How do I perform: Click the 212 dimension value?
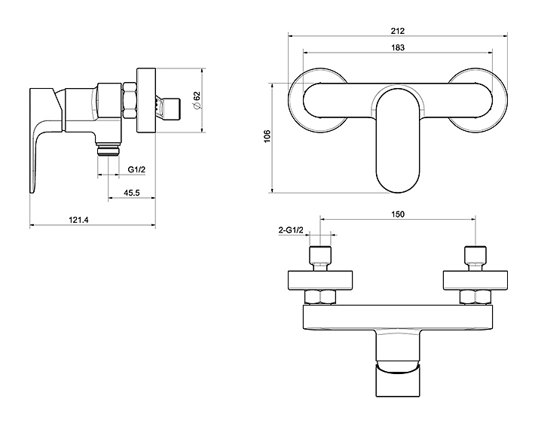(399, 31)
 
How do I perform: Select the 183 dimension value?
(399, 47)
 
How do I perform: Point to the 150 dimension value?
(399, 215)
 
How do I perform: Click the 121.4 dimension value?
(78, 220)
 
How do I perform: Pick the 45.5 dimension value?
(131, 193)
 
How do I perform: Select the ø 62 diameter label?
(197, 100)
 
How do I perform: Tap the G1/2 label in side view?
(136, 170)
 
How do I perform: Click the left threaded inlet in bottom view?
(322, 257)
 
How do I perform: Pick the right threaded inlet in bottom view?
(475, 257)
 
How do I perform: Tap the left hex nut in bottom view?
(322, 297)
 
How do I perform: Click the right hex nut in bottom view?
(475, 297)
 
